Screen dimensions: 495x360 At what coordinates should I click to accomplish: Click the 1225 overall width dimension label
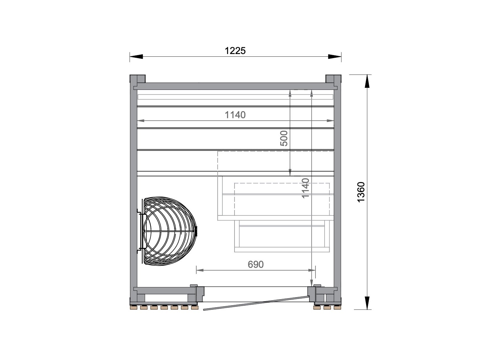pos(235,51)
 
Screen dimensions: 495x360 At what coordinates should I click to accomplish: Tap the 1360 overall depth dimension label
pos(361,192)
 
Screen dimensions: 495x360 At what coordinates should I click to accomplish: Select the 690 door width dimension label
pos(256,264)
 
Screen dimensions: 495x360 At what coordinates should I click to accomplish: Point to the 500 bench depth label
pos(284,138)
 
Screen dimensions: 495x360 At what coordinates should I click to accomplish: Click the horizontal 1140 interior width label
pos(235,115)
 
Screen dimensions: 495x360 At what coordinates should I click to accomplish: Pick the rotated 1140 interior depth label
pos(305,188)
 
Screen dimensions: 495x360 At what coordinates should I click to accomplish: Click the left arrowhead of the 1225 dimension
pos(136,57)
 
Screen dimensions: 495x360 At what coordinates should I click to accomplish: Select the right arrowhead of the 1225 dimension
pos(335,57)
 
